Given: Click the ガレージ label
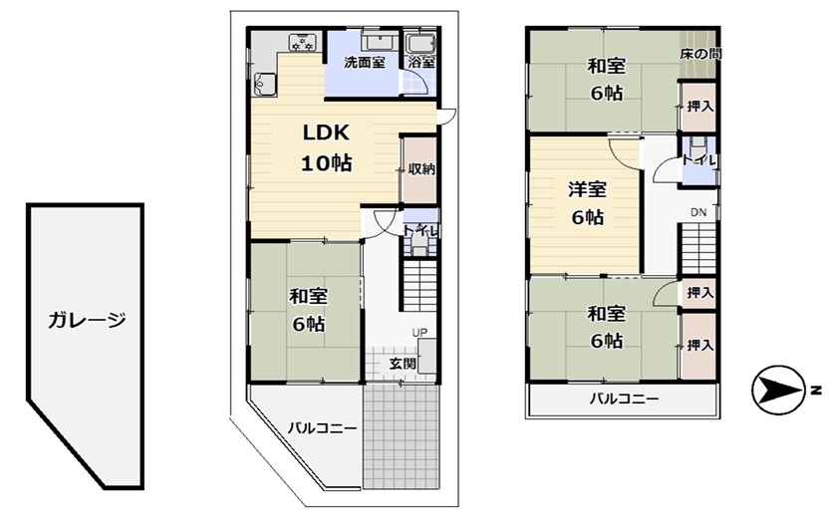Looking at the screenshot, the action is pyautogui.click(x=87, y=321).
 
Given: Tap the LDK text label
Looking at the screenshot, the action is pyautogui.click(x=326, y=132).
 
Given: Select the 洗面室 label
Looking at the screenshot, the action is pyautogui.click(x=365, y=62).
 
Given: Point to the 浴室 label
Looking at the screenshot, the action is pyautogui.click(x=422, y=62).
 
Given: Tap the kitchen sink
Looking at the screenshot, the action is pyautogui.click(x=265, y=84).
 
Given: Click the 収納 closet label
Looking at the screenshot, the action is pyautogui.click(x=421, y=169).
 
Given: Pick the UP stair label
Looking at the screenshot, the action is pyautogui.click(x=419, y=333).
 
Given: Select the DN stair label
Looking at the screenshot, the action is pyautogui.click(x=698, y=212).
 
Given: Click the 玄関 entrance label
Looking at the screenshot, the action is pyautogui.click(x=403, y=364).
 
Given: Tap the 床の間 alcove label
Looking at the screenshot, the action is pyautogui.click(x=701, y=54).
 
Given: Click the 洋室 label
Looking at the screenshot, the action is pyautogui.click(x=588, y=189).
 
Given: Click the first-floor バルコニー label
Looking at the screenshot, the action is pyautogui.click(x=323, y=428).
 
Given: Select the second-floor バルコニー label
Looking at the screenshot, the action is pyautogui.click(x=624, y=398).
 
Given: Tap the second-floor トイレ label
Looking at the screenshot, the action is pyautogui.click(x=699, y=159).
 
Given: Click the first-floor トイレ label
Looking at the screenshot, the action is pyautogui.click(x=421, y=231).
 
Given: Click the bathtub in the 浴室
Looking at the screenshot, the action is pyautogui.click(x=420, y=43).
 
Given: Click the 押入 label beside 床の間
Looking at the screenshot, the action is pyautogui.click(x=699, y=107).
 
